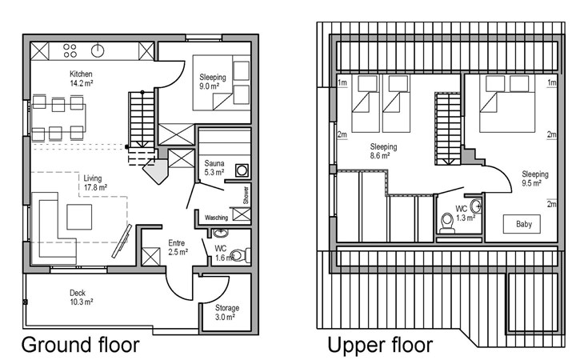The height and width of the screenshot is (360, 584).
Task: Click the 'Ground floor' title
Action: click(x=81, y=345)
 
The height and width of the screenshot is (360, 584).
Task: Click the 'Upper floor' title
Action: click(x=380, y=345)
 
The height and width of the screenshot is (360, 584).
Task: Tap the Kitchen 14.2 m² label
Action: click(x=81, y=78)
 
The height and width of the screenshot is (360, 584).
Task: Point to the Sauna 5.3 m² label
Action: click(x=214, y=168)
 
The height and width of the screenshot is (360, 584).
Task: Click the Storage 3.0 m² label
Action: click(x=227, y=313)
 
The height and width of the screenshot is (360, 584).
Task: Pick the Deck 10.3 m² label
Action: click(x=81, y=298)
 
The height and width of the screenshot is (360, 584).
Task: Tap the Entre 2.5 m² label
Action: click(x=178, y=247)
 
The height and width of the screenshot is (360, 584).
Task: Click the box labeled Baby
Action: click(x=522, y=224)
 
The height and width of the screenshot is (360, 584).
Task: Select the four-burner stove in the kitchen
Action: click(x=70, y=51)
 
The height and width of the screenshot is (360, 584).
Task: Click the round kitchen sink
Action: click(x=98, y=50)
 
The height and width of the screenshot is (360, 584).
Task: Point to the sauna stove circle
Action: click(x=242, y=171)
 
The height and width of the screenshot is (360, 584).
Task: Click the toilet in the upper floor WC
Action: click(x=446, y=222)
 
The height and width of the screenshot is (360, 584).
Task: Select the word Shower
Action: click(x=246, y=195)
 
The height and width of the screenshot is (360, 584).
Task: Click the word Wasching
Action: click(x=216, y=218)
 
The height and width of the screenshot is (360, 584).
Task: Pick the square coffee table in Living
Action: click(x=79, y=217)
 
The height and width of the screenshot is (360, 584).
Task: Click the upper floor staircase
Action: click(x=448, y=129)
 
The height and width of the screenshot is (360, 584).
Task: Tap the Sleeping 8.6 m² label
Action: click(x=383, y=151)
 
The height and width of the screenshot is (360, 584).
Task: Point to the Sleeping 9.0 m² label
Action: click(x=213, y=82)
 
